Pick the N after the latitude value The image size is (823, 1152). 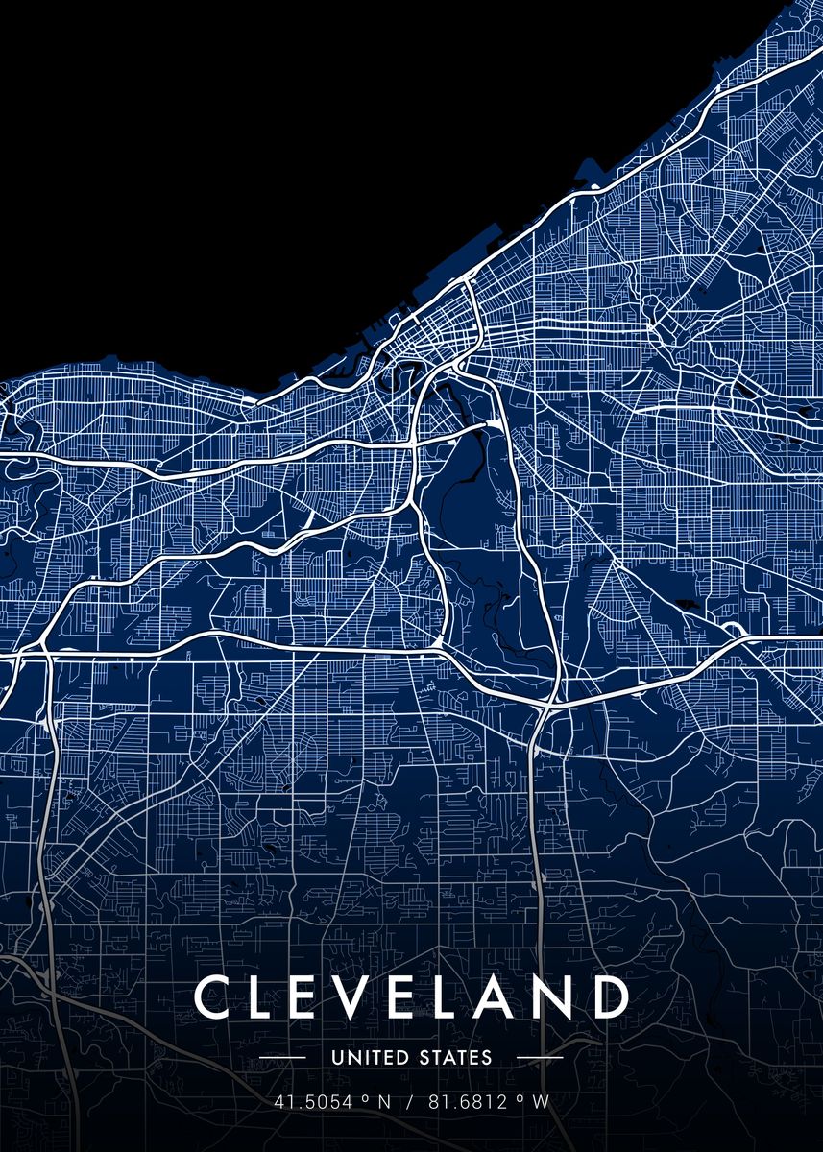click(383, 1102)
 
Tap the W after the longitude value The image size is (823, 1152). click(541, 1102)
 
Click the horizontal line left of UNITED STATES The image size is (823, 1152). click(283, 1058)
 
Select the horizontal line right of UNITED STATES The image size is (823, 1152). click(539, 1058)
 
